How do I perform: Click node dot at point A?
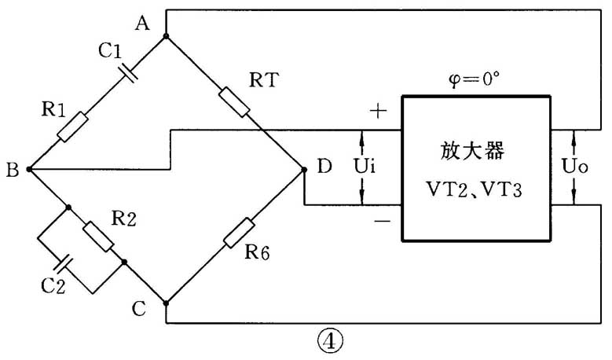coord(166,36)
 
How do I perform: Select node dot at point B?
coord(29,168)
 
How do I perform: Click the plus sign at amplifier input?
coord(378,111)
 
